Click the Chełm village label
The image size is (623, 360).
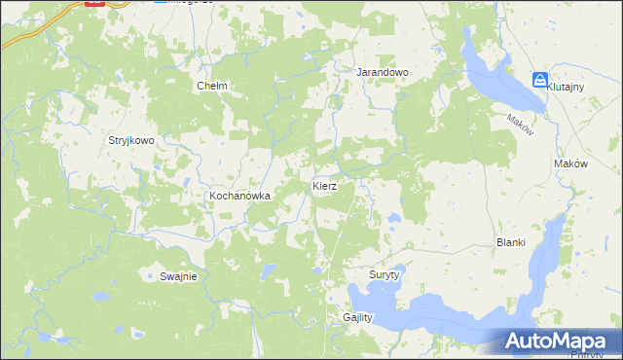click(212, 86)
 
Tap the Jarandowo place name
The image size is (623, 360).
click(382, 73)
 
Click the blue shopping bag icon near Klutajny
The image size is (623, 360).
click(540, 80)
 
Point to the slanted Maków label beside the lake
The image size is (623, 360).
click(520, 125)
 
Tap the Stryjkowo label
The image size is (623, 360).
click(131, 140)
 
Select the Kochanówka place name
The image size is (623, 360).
click(238, 196)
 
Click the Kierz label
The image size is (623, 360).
click(324, 185)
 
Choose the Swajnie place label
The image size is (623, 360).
click(178, 276)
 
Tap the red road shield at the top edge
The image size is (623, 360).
click(94, 3)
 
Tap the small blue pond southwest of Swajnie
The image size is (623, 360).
click(96, 296)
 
